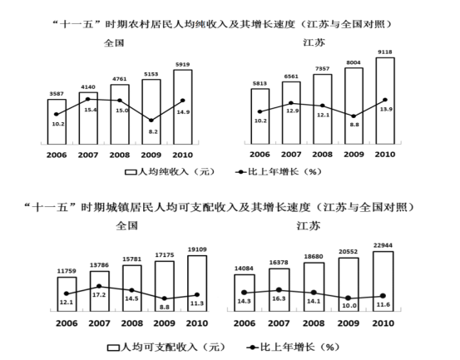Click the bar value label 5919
[x=182, y=65]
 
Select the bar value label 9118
[x=385, y=52]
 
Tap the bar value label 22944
[x=383, y=245]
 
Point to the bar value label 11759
[x=67, y=271]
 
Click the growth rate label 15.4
[x=91, y=110]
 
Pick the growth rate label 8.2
[x=153, y=131]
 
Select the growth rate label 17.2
[x=99, y=295]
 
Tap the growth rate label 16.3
[x=279, y=298]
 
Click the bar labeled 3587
[x=57, y=121]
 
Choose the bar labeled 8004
[x=354, y=106]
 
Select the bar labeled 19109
[x=197, y=284]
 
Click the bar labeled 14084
[x=244, y=293]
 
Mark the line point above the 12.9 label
[x=291, y=103]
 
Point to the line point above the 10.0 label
[x=349, y=298]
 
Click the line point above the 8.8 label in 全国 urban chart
[x=165, y=298]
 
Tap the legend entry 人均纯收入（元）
[x=170, y=172]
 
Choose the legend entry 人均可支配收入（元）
[x=166, y=348]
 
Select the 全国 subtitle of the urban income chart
[x=126, y=226]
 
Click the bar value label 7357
[x=322, y=69]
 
